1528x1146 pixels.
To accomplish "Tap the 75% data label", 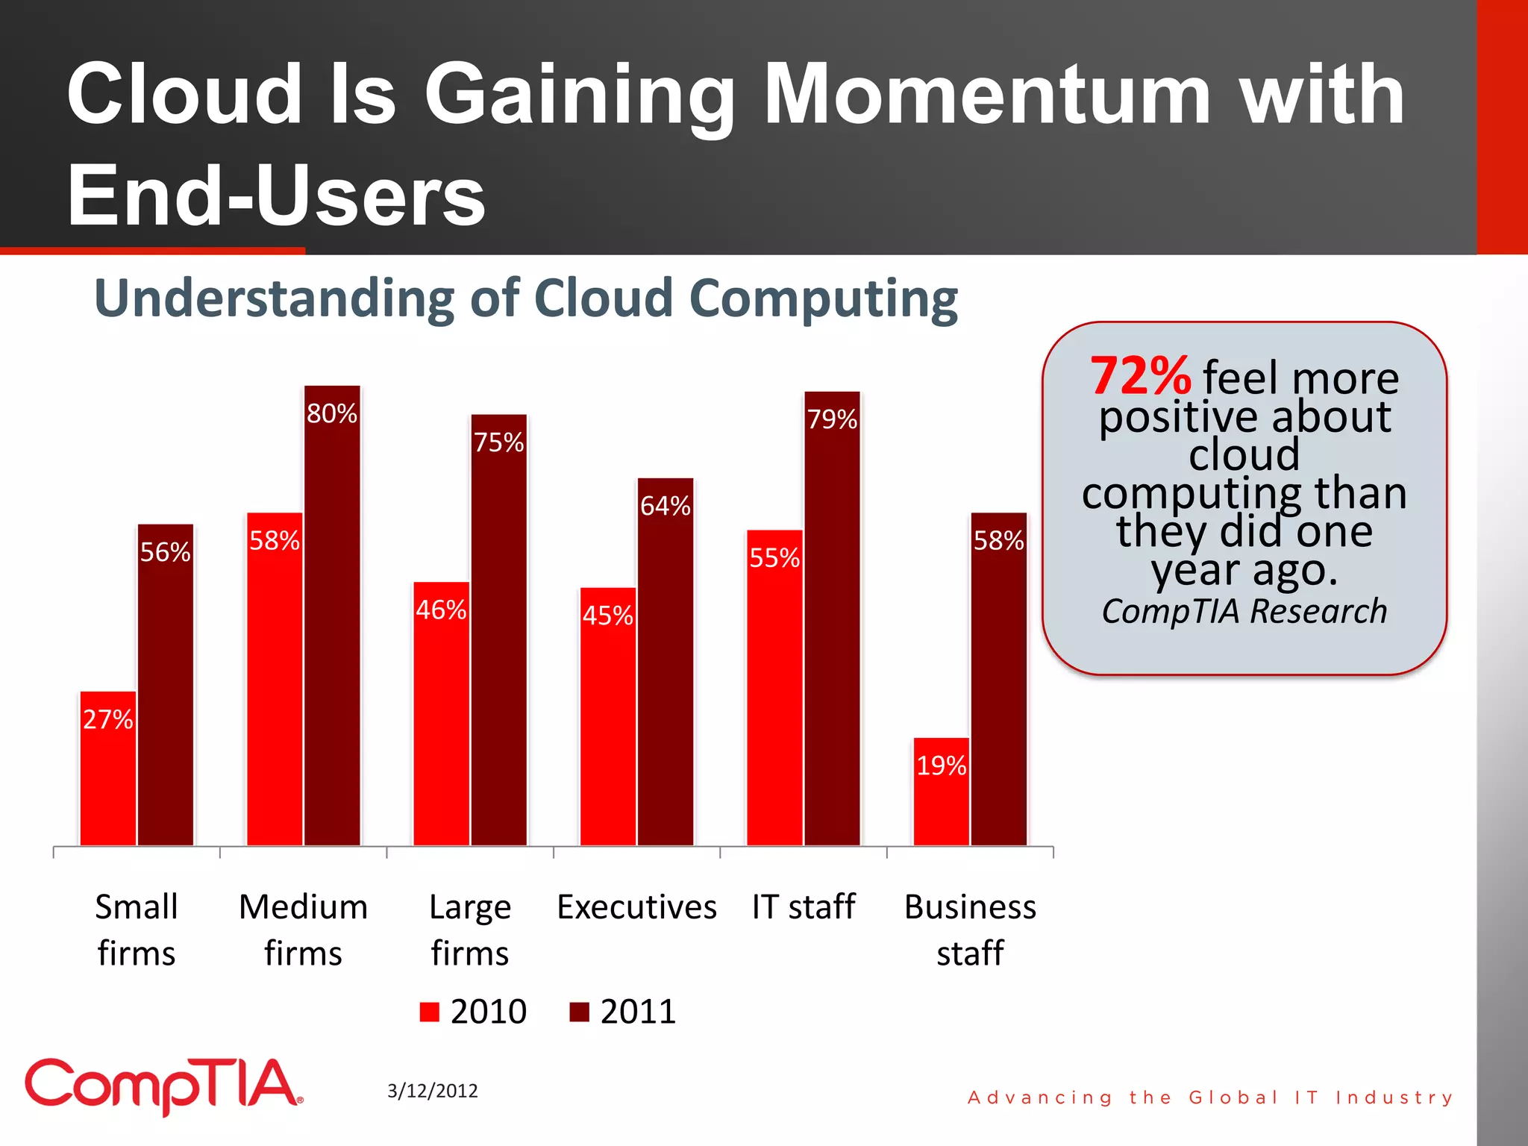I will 499,442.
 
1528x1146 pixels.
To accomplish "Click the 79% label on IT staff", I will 832,419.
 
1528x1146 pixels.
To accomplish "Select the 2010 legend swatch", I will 430,1012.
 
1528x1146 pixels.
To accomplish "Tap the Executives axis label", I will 636,907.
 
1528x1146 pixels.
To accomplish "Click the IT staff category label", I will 804,907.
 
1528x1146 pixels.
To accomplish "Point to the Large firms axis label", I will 470,930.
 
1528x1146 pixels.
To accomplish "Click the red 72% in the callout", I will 1140,376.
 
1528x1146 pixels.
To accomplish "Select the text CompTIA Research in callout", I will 1244,611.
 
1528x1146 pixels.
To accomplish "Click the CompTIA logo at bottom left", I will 164,1086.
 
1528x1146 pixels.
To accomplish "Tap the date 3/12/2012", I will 433,1091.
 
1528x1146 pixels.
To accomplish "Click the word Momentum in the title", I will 987,95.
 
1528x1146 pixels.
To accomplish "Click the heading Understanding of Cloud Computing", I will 526,298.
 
